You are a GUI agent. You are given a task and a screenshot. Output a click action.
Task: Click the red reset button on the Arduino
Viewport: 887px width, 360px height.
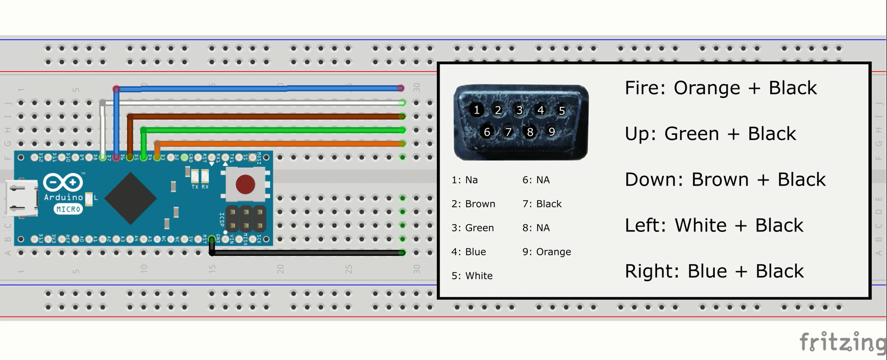click(x=245, y=184)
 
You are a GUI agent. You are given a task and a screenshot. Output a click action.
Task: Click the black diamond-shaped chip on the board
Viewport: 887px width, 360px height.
click(x=131, y=198)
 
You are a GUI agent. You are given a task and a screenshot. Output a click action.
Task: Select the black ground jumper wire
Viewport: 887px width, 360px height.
click(x=307, y=253)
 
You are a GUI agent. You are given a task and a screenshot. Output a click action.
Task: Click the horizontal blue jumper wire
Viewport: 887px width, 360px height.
click(x=257, y=89)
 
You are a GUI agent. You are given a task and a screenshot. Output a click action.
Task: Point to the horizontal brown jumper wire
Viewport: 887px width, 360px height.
click(x=267, y=117)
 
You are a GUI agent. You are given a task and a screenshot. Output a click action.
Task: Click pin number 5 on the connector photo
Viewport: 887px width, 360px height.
click(x=561, y=111)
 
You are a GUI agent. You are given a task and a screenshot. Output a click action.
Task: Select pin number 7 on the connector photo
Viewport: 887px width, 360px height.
click(x=508, y=132)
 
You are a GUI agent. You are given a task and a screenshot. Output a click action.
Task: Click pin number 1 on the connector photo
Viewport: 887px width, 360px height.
click(x=476, y=110)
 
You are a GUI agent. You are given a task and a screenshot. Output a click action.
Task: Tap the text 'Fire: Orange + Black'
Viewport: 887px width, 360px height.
click(x=720, y=88)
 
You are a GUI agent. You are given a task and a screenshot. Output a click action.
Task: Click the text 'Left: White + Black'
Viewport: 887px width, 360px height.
click(x=714, y=225)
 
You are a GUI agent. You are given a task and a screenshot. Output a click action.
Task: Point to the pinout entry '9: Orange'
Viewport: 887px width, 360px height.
click(x=547, y=252)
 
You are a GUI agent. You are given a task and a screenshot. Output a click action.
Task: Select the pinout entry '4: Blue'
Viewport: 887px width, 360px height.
click(x=468, y=252)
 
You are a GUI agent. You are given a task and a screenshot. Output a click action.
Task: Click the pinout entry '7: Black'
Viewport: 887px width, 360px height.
click(x=542, y=204)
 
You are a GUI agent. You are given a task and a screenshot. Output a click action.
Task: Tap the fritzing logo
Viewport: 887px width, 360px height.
click(x=842, y=342)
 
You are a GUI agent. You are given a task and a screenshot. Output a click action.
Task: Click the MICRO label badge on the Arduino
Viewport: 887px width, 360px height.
click(x=68, y=209)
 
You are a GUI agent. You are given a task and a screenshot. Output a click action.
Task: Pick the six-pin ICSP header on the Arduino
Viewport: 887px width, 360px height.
click(x=245, y=219)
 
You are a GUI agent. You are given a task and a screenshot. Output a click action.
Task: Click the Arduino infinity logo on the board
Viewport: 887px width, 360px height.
click(x=63, y=182)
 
